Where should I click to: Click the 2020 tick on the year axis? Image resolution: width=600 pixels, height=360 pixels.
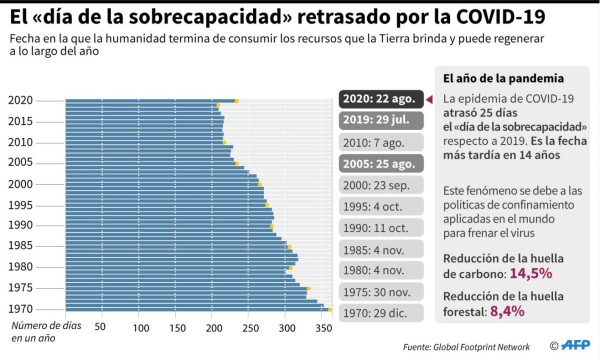click(x=20, y=100)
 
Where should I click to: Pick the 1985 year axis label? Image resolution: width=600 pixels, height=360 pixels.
click(x=20, y=245)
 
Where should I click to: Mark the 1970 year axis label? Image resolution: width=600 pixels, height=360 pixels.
click(x=20, y=309)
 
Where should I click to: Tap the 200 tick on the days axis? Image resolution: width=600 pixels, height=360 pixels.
click(x=212, y=326)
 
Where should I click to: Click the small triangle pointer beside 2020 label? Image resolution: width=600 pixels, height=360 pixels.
click(x=430, y=100)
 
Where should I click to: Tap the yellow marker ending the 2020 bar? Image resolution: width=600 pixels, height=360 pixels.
click(x=236, y=101)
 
